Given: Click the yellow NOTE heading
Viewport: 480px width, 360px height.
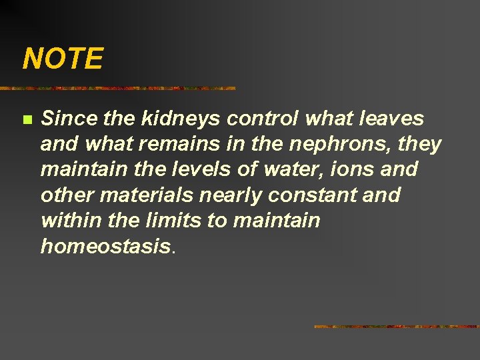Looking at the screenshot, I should coord(63,59).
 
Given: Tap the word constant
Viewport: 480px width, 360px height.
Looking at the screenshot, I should coord(305,195).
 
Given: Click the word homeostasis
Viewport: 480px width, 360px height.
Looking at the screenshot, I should coord(105,246).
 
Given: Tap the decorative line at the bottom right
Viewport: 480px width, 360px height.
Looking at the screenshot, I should coord(396,327).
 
